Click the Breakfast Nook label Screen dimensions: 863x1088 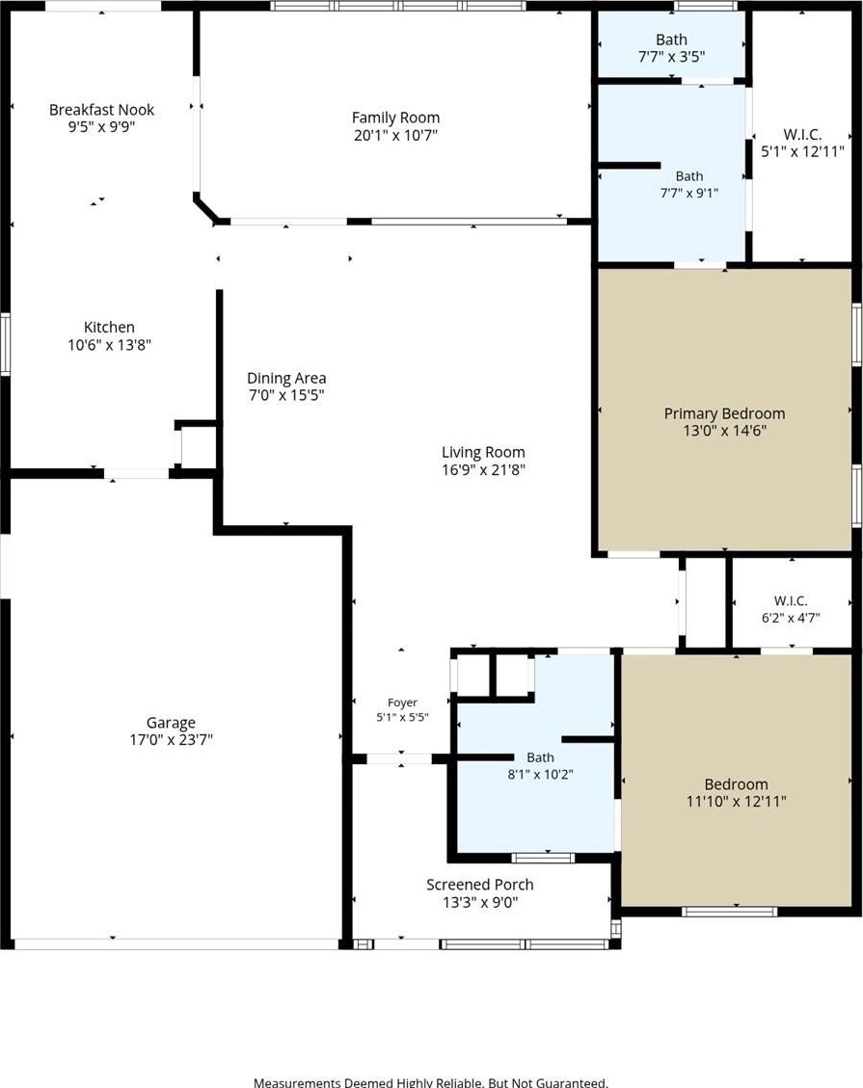[x=101, y=110]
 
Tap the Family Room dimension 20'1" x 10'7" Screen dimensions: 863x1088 [x=395, y=135]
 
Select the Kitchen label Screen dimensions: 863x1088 [x=109, y=327]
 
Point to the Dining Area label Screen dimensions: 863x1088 [x=286, y=378]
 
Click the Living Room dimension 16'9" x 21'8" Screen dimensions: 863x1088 [x=483, y=469]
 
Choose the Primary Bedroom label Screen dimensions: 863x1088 [x=724, y=413]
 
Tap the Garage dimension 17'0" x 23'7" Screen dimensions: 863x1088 [x=171, y=740]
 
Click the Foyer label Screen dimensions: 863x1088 [x=402, y=703]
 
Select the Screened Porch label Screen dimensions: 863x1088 [x=480, y=885]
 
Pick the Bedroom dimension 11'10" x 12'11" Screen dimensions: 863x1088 [x=736, y=802]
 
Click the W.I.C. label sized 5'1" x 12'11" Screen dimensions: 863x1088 [x=802, y=135]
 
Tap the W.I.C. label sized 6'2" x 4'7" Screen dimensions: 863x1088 [x=791, y=601]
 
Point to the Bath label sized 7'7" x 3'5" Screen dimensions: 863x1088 [x=671, y=40]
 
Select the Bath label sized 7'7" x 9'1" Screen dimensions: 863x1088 [x=688, y=176]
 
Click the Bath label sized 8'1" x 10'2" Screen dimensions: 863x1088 [x=540, y=757]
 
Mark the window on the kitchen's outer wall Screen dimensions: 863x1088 [x=5, y=343]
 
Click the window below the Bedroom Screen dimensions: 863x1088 [x=729, y=912]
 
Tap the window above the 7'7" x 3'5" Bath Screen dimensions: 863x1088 [x=706, y=6]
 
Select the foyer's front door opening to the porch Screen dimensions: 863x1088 [x=399, y=759]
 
